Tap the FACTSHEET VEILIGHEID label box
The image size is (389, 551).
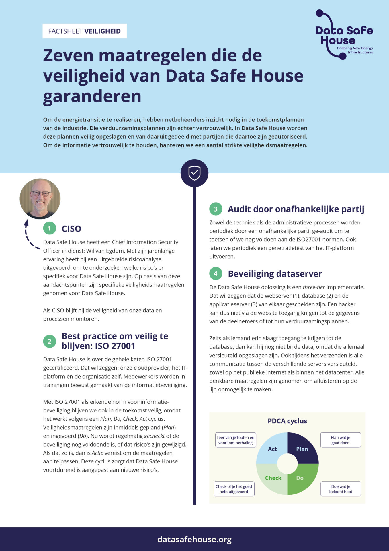(x=85, y=31)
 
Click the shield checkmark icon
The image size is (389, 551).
(x=194, y=173)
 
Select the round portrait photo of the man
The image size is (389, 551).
(x=40, y=199)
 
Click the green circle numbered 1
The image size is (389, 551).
(x=49, y=228)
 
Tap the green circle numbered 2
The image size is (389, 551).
(x=49, y=341)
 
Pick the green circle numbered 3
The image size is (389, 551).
(x=216, y=209)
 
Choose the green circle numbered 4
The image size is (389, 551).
(x=216, y=273)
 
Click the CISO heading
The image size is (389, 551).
(x=71, y=229)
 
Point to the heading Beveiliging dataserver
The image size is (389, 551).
(x=275, y=274)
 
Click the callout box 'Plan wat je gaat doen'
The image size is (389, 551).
(x=341, y=440)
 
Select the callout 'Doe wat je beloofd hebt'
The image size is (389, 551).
(x=341, y=489)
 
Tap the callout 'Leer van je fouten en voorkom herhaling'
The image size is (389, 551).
(x=235, y=440)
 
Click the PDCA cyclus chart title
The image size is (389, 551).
(x=287, y=421)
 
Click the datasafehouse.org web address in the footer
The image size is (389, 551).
(x=194, y=539)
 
